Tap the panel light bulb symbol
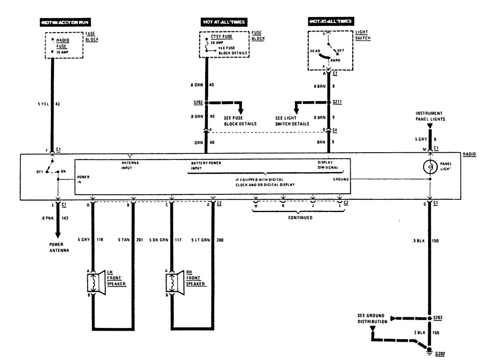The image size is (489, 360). pyautogui.click(x=430, y=167)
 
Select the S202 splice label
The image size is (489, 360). pyautogui.click(x=198, y=102)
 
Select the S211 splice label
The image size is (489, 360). pyautogui.click(x=337, y=102)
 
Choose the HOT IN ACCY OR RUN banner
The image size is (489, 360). pyautogui.click(x=65, y=23)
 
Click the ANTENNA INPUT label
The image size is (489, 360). pyautogui.click(x=130, y=165)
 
